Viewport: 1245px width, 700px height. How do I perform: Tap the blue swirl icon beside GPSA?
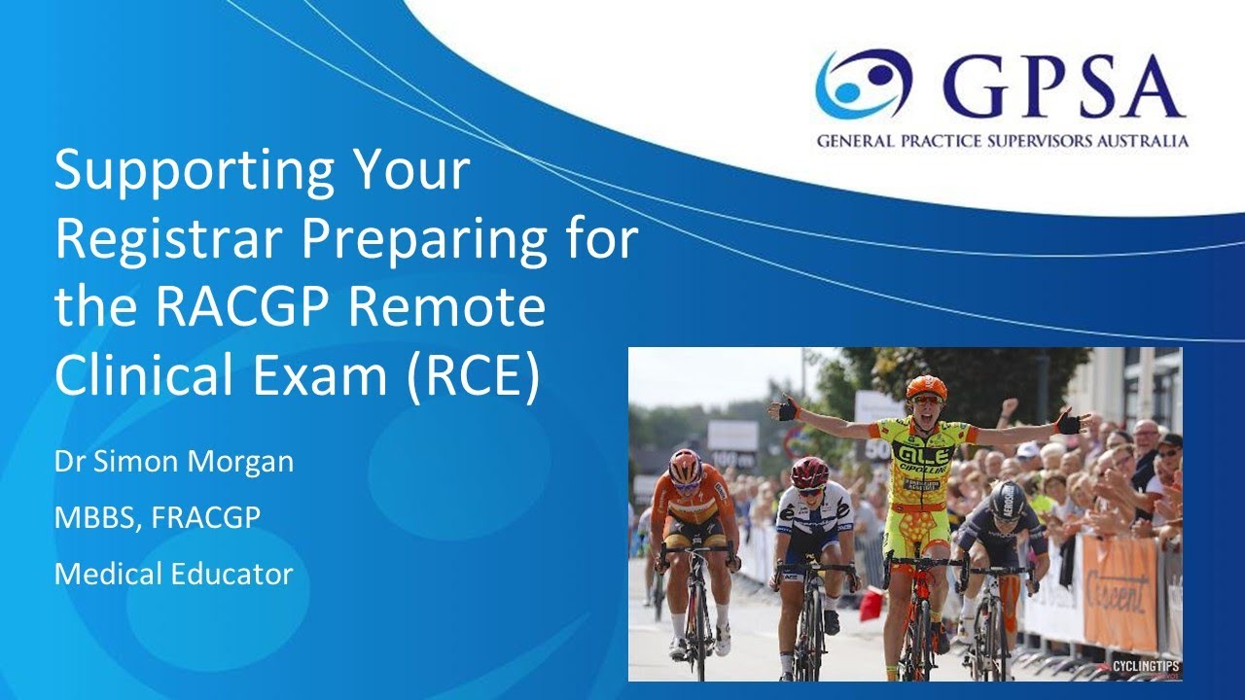click(862, 86)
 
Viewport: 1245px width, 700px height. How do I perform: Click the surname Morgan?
click(237, 463)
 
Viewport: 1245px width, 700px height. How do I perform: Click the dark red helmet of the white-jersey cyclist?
click(808, 472)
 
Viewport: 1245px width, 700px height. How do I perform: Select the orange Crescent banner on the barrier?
click(1120, 592)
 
